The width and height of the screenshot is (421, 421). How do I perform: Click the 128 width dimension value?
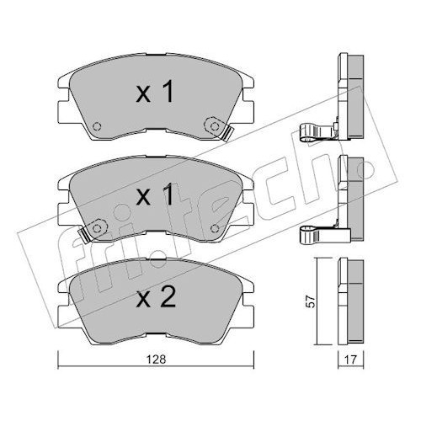[156, 359]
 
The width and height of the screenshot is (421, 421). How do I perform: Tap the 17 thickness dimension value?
[350, 360]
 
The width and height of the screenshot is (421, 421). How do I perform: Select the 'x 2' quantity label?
[156, 297]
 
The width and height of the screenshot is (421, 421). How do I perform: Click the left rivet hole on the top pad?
[97, 126]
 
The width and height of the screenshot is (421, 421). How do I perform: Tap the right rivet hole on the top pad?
[215, 126]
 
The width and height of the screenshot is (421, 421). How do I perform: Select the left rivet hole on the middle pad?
[97, 228]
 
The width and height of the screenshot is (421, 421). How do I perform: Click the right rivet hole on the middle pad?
[215, 228]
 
